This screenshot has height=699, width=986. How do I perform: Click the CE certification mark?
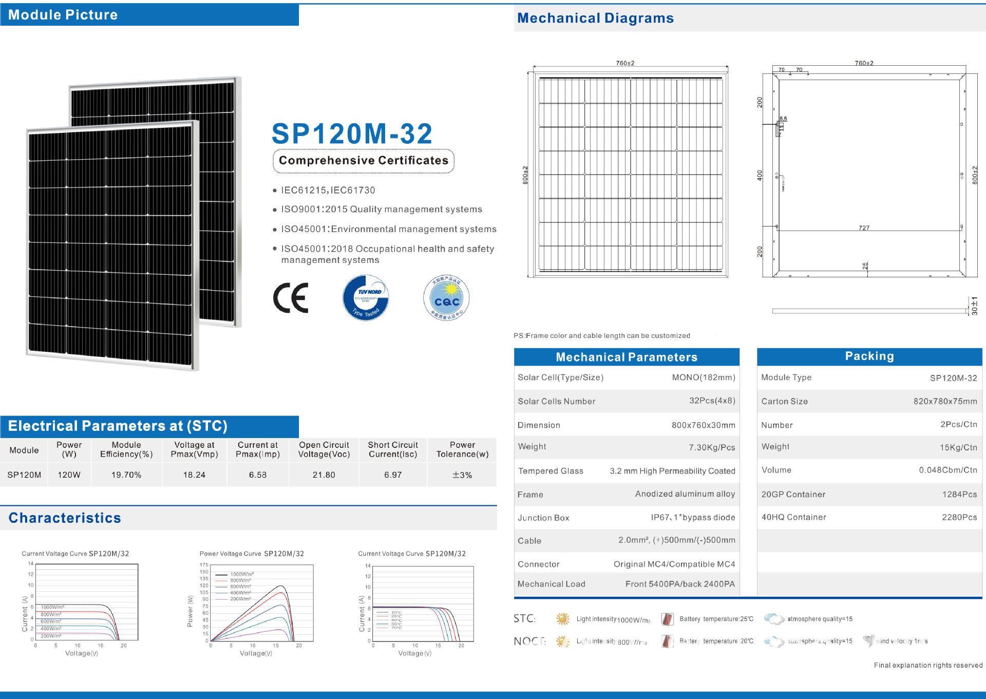pyautogui.click(x=291, y=298)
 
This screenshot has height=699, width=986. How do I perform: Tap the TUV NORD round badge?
pyautogui.click(x=366, y=298)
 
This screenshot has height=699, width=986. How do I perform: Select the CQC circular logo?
pyautogui.click(x=446, y=298)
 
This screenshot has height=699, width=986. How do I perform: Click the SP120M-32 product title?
pyautogui.click(x=352, y=134)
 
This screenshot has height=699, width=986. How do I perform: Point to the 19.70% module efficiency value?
pyautogui.click(x=126, y=475)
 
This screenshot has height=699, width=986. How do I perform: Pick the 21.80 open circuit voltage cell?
pyautogui.click(x=324, y=475)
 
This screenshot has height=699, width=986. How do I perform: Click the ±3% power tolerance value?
pyautogui.click(x=462, y=475)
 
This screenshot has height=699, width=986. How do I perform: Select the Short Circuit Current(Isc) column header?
pyautogui.click(x=393, y=449)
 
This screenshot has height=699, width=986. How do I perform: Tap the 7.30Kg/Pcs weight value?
pyautogui.click(x=712, y=447)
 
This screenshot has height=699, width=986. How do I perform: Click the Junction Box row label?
pyautogui.click(x=543, y=518)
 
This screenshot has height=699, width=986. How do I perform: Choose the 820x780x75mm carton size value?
pyautogui.click(x=945, y=402)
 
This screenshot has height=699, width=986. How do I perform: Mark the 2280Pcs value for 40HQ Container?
pyautogui.click(x=959, y=517)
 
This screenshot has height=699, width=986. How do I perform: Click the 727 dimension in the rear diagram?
pyautogui.click(x=864, y=228)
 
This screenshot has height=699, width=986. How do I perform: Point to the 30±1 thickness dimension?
pyautogui.click(x=975, y=306)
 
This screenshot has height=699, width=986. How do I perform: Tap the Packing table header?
pyautogui.click(x=869, y=356)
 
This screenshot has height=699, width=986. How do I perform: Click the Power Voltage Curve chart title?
pyautogui.click(x=252, y=554)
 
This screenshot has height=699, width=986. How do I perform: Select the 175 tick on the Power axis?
pyautogui.click(x=204, y=565)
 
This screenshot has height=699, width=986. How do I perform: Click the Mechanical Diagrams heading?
pyautogui.click(x=595, y=18)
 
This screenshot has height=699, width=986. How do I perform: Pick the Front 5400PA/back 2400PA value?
pyautogui.click(x=680, y=584)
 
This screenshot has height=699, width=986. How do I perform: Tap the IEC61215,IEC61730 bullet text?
pyautogui.click(x=328, y=191)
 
